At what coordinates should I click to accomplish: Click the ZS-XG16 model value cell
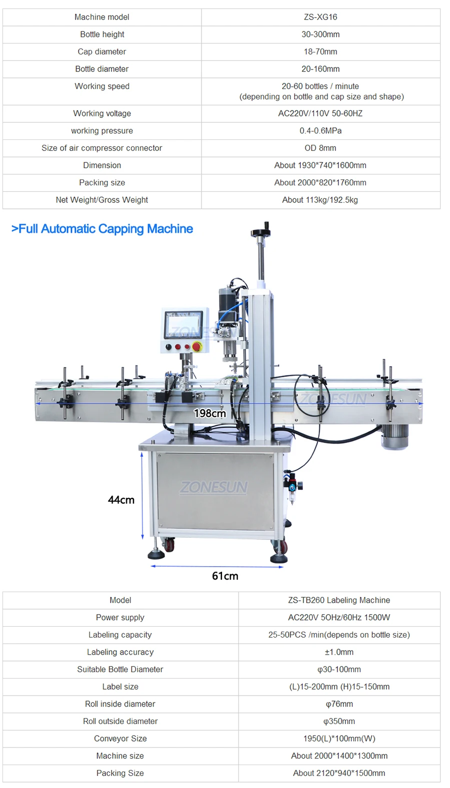[320, 17]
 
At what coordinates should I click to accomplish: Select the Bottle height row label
[102, 34]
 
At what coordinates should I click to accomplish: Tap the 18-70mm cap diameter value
[320, 51]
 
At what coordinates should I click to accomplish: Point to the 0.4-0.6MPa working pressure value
[320, 130]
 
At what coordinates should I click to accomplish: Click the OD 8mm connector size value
[320, 148]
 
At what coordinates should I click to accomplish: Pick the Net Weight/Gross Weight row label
[102, 200]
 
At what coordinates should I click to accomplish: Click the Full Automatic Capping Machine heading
[102, 229]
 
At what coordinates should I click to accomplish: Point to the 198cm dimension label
[210, 413]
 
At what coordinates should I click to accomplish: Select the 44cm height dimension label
[121, 500]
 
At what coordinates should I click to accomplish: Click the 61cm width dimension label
[225, 576]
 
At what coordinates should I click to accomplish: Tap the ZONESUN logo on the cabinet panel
[214, 487]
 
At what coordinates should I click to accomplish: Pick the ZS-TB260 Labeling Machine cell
[339, 600]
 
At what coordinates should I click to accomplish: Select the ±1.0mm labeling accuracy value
[339, 652]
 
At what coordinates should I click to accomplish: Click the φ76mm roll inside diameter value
[339, 704]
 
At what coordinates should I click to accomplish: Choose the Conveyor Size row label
[120, 739]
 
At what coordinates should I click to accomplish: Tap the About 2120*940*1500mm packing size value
[339, 773]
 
